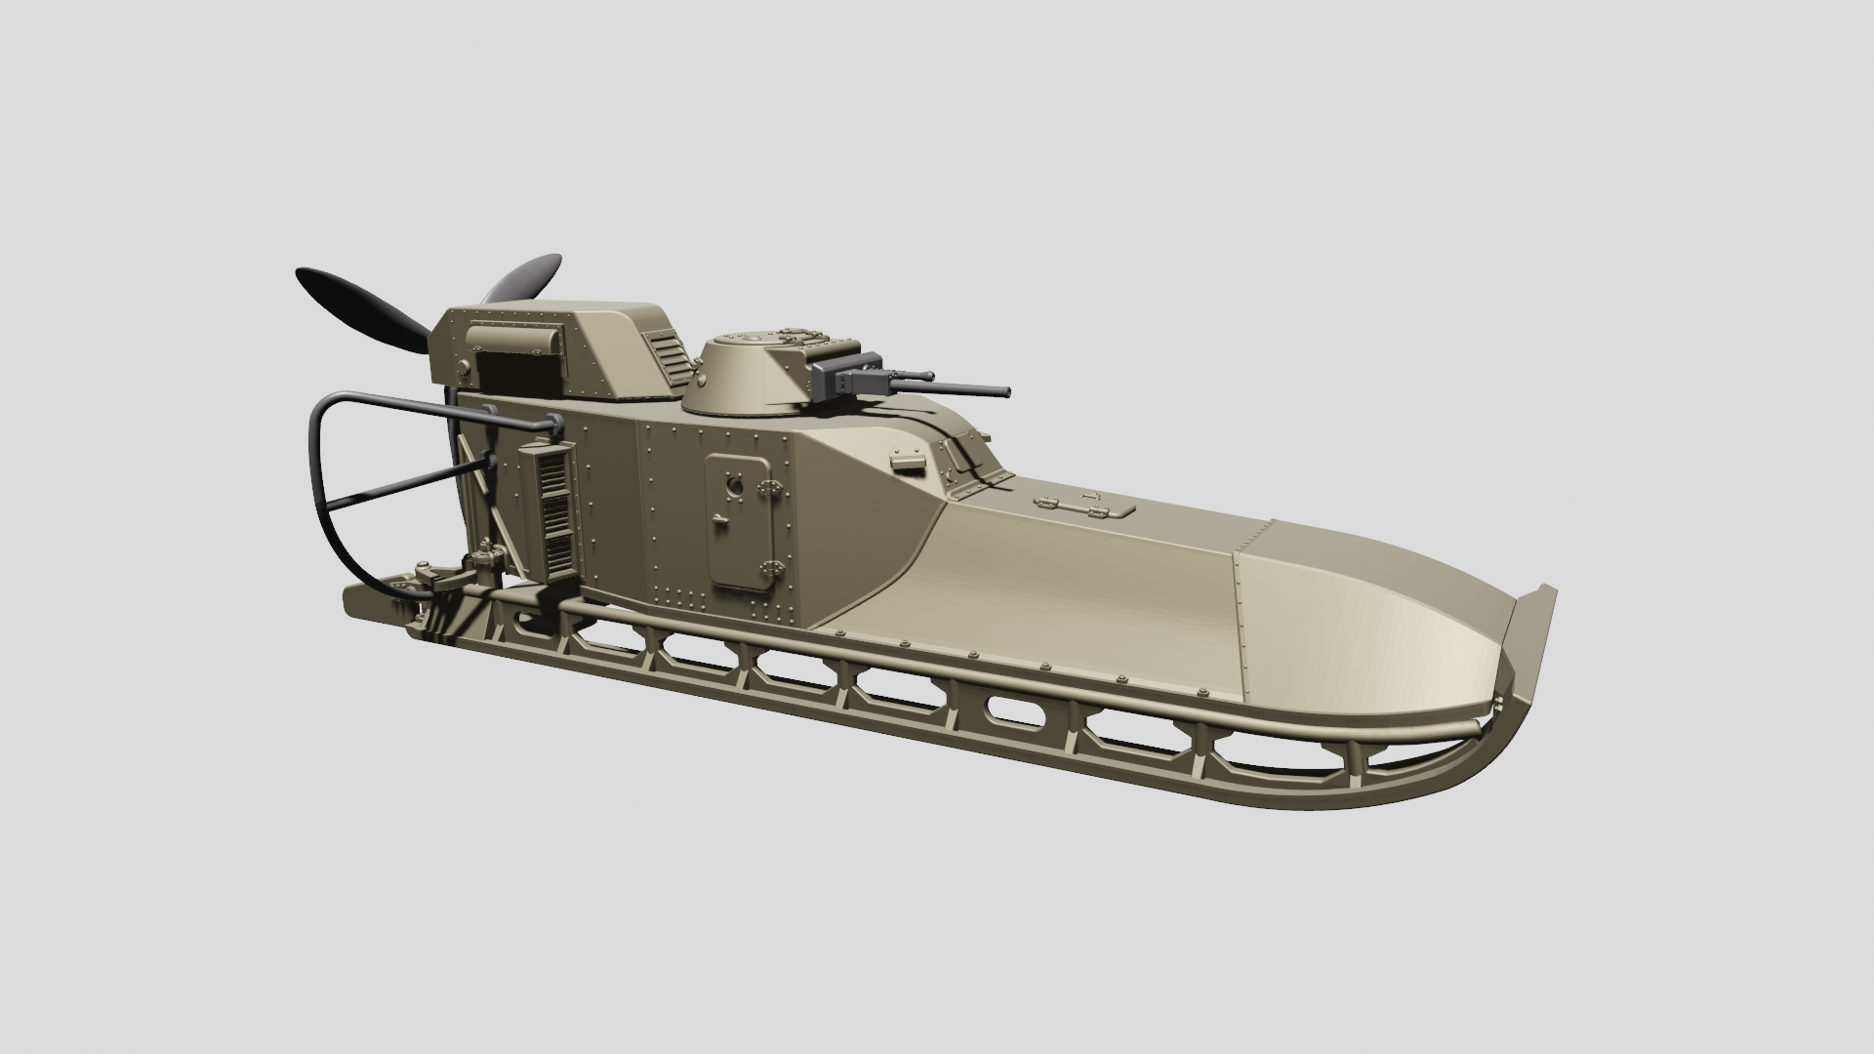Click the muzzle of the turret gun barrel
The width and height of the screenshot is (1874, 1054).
[1005, 392]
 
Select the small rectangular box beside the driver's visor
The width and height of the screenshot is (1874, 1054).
[908, 459]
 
